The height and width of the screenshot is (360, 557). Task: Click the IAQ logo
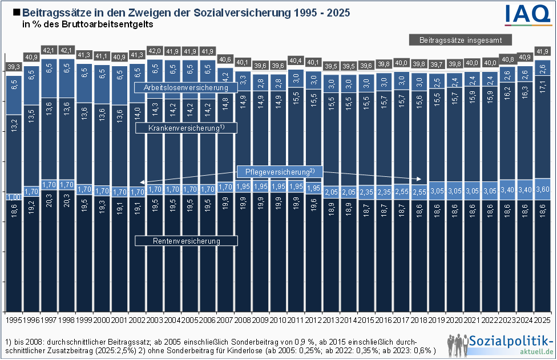click(528, 13)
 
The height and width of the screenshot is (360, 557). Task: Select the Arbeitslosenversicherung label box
click(186, 87)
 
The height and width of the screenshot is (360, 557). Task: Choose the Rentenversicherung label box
click(186, 241)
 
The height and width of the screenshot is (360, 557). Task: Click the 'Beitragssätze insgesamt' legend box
click(460, 40)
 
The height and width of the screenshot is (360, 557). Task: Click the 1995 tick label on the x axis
click(13, 314)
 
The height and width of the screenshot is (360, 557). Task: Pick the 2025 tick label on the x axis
click(543, 314)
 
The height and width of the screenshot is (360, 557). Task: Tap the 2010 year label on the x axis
click(278, 314)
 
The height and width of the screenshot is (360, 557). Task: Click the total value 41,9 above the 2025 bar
click(543, 51)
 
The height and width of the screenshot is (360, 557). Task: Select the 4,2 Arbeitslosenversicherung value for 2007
click(225, 75)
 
